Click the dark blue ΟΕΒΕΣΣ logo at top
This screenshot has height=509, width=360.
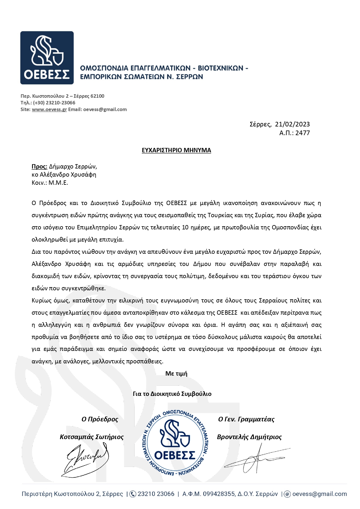tap(47, 58)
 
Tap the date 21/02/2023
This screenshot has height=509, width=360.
tap(292, 124)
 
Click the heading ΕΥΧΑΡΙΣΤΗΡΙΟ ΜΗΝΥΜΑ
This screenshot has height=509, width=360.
tap(176, 150)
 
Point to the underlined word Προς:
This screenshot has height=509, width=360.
tap(39, 166)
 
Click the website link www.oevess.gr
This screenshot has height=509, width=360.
tap(49, 109)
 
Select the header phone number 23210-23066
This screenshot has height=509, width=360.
tap(61, 103)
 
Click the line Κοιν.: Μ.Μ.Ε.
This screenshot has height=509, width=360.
tap(50, 183)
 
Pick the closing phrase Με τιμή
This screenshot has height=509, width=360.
tap(176, 374)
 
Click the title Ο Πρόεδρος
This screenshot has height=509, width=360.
tap(100, 419)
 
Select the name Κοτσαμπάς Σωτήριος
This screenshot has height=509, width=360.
tap(92, 437)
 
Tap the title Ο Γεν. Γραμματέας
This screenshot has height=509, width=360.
tap(246, 419)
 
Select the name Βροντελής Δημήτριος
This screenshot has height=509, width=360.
tap(249, 437)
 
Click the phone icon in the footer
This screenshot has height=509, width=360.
tap(133, 494)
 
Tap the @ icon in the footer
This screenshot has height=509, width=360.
tap(287, 494)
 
